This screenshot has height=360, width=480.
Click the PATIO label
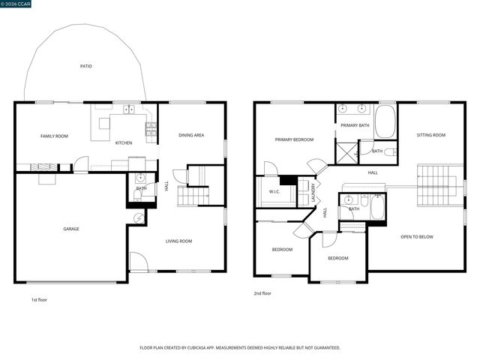click(86, 67)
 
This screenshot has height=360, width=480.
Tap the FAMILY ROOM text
click(54, 136)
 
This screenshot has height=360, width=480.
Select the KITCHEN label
click(123, 142)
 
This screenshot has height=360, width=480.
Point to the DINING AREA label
click(191, 135)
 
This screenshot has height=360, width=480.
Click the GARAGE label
click(71, 229)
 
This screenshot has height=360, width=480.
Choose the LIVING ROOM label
click(178, 241)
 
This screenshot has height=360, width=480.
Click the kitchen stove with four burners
click(151, 133)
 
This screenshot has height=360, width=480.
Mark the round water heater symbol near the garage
click(138, 217)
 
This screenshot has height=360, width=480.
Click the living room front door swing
click(138, 262)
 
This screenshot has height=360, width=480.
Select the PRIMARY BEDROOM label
click(294, 139)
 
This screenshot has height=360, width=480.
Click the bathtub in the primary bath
click(385, 121)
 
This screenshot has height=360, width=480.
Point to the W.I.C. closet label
click(274, 191)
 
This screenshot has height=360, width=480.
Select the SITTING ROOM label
click(431, 135)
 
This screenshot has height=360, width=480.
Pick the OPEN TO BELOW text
click(417, 237)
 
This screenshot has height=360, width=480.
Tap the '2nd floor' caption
click(262, 293)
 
